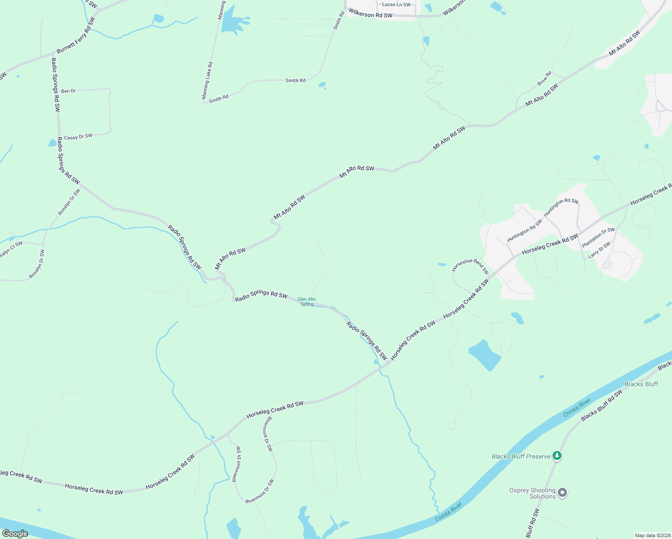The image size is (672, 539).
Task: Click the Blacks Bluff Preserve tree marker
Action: click(x=557, y=456)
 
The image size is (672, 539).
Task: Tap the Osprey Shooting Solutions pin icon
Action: click(x=562, y=493)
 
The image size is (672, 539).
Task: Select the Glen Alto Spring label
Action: click(x=307, y=301)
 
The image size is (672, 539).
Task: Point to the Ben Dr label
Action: click(x=68, y=91)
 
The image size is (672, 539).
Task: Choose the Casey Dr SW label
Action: click(x=78, y=137)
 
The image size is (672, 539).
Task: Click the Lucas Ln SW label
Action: click(x=396, y=5)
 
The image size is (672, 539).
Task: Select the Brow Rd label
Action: click(x=544, y=79)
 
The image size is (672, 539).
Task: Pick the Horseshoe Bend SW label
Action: click(x=470, y=265)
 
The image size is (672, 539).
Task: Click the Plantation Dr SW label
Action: click(x=598, y=237)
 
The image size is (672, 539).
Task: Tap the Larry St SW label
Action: click(x=599, y=250)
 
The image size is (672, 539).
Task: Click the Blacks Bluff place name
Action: click(x=641, y=384)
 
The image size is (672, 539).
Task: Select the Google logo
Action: click(x=15, y=534)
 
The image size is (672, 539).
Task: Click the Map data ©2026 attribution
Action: click(x=652, y=535)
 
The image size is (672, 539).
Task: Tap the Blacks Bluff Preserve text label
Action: click(x=521, y=456)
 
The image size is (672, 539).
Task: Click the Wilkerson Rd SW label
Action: click(x=371, y=15)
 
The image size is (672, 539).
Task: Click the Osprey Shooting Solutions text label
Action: click(x=533, y=493)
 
